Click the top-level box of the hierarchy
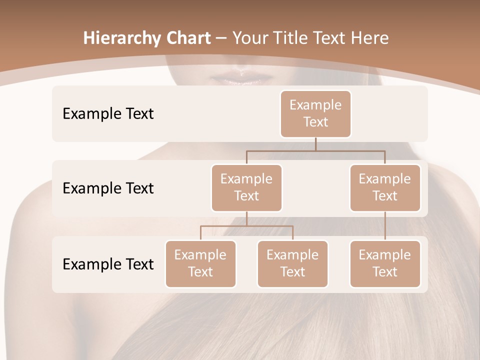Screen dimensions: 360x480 click(315, 114)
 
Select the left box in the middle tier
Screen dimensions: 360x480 click(246, 188)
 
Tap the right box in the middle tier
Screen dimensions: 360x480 click(385, 188)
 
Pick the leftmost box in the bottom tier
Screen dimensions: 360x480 click(200, 264)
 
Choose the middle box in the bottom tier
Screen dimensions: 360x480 click(292, 264)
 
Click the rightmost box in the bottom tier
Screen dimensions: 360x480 click(385, 264)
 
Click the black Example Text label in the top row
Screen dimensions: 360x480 click(108, 114)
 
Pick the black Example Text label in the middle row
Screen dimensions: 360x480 click(108, 188)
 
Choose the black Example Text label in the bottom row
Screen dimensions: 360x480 click(108, 264)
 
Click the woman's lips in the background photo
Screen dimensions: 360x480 click(242, 78)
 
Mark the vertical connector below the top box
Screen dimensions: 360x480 click(315, 144)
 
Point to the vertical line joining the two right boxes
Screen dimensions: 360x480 click(385, 226)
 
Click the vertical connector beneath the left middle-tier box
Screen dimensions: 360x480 click(246, 219)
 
